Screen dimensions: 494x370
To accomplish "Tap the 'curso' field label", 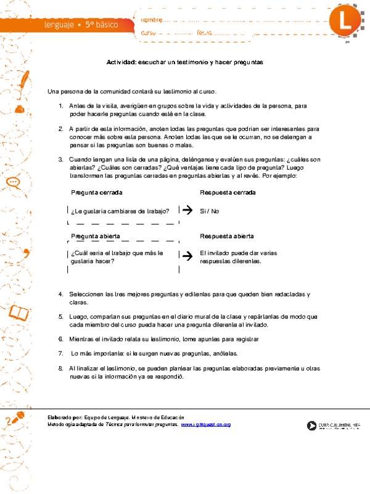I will pyautogui.click(x=149, y=33).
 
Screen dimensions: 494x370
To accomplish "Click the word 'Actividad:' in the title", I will pyautogui.click(x=121, y=62).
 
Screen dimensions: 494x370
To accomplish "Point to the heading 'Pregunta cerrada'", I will pyautogui.click(x=96, y=193).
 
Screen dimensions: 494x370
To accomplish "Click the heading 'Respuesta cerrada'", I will pyautogui.click(x=228, y=193).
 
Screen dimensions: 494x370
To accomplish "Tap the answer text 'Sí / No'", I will pyautogui.click(x=210, y=211).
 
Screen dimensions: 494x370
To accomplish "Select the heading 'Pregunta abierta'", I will pyautogui.click(x=96, y=236).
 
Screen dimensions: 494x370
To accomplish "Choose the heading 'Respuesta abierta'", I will pyautogui.click(x=227, y=236).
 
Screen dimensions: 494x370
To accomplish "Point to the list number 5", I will pyautogui.click(x=61, y=316).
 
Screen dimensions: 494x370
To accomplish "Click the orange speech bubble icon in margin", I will pyautogui.click(x=12, y=182).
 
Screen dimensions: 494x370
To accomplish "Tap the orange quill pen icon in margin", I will pyautogui.click(x=23, y=81).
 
